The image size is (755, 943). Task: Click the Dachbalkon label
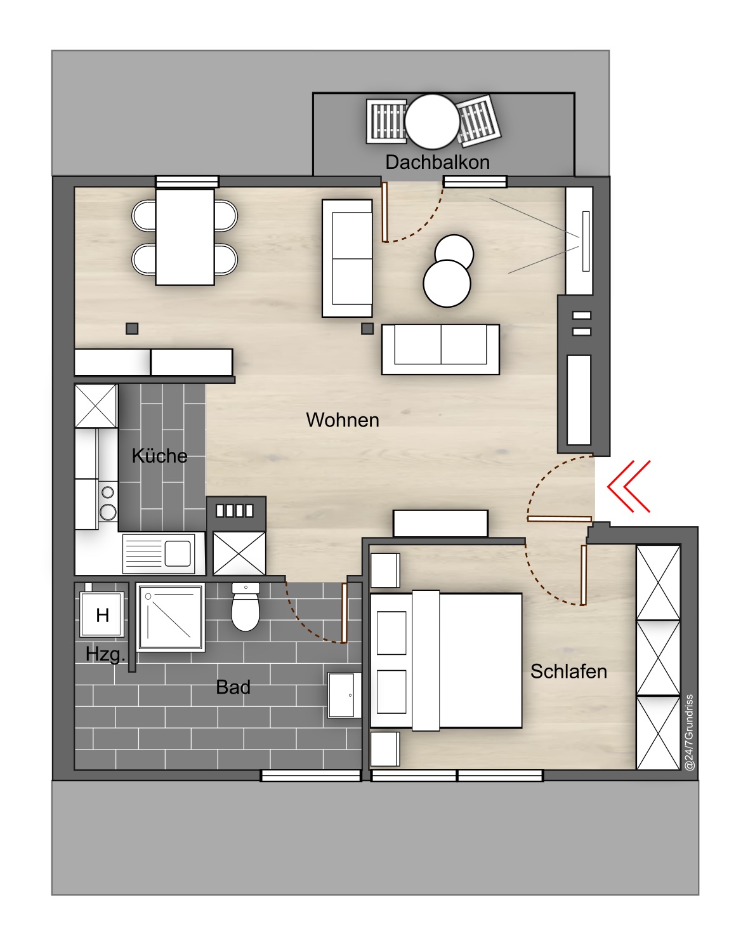(x=437, y=162)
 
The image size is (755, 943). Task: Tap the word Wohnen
(x=342, y=420)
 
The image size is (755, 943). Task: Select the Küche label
(x=159, y=456)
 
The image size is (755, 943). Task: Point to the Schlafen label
(x=568, y=671)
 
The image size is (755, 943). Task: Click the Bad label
(x=233, y=687)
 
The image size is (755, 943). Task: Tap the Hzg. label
(x=105, y=654)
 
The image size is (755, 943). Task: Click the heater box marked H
(x=102, y=614)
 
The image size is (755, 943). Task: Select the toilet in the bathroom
(x=246, y=607)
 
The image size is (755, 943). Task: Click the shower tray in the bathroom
(x=171, y=617)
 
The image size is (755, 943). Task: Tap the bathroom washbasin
(x=345, y=696)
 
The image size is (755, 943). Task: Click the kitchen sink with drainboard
(x=159, y=553)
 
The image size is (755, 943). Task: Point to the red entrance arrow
(x=628, y=486)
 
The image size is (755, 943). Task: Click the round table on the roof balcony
(x=432, y=122)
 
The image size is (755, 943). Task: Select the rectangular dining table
(x=185, y=237)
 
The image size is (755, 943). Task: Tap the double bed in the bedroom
(x=446, y=661)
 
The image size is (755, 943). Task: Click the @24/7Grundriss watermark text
(x=689, y=732)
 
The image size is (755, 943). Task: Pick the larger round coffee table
(x=447, y=284)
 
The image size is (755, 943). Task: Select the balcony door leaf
(x=384, y=212)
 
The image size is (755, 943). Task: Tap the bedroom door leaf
(x=583, y=575)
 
